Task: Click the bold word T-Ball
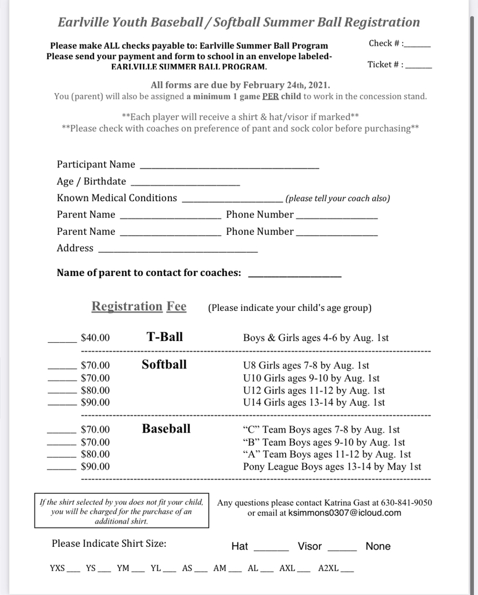pyautogui.click(x=164, y=336)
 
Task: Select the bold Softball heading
pyautogui.click(x=164, y=364)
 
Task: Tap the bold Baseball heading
pyautogui.click(x=166, y=429)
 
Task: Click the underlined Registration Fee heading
pyautogui.click(x=139, y=306)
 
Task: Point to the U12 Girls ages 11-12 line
pyautogui.click(x=314, y=390)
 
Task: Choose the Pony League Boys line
pyautogui.click(x=332, y=467)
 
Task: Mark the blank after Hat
pyautogui.click(x=271, y=549)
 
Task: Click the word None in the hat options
pyautogui.click(x=378, y=546)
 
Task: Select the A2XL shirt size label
pyautogui.click(x=328, y=568)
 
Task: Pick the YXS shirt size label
pyautogui.click(x=57, y=568)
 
